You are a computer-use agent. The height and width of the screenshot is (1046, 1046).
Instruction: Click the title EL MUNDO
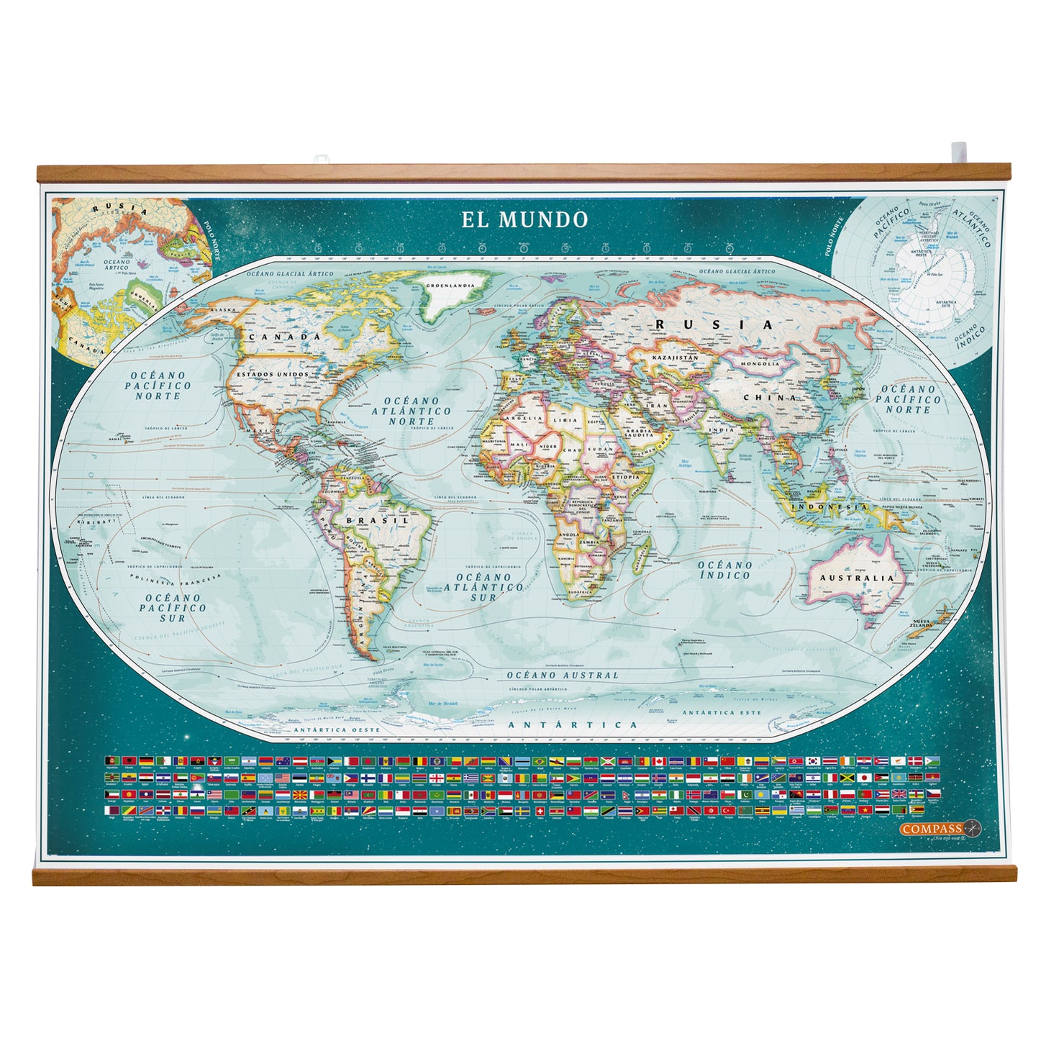pos(524,219)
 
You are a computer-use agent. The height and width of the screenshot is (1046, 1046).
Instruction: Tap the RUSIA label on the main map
pos(714,325)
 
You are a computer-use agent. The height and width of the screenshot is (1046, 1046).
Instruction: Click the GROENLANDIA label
pos(450,285)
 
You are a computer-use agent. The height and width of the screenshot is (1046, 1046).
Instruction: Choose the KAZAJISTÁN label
pos(676,358)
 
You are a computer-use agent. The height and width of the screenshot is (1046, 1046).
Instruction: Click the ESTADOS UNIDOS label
pos(273,374)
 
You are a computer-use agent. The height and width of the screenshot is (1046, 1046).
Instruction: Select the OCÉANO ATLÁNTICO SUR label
pos(483,586)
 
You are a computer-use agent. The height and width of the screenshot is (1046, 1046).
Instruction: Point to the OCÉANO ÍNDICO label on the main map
pos(724,570)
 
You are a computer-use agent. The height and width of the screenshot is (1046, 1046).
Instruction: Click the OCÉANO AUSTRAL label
pos(563,676)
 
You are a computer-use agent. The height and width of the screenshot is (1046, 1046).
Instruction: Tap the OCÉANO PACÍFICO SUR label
pos(173,607)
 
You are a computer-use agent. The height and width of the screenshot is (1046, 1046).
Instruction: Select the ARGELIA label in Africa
pos(524,418)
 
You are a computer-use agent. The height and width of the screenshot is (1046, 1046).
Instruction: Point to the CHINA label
pos(770,397)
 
